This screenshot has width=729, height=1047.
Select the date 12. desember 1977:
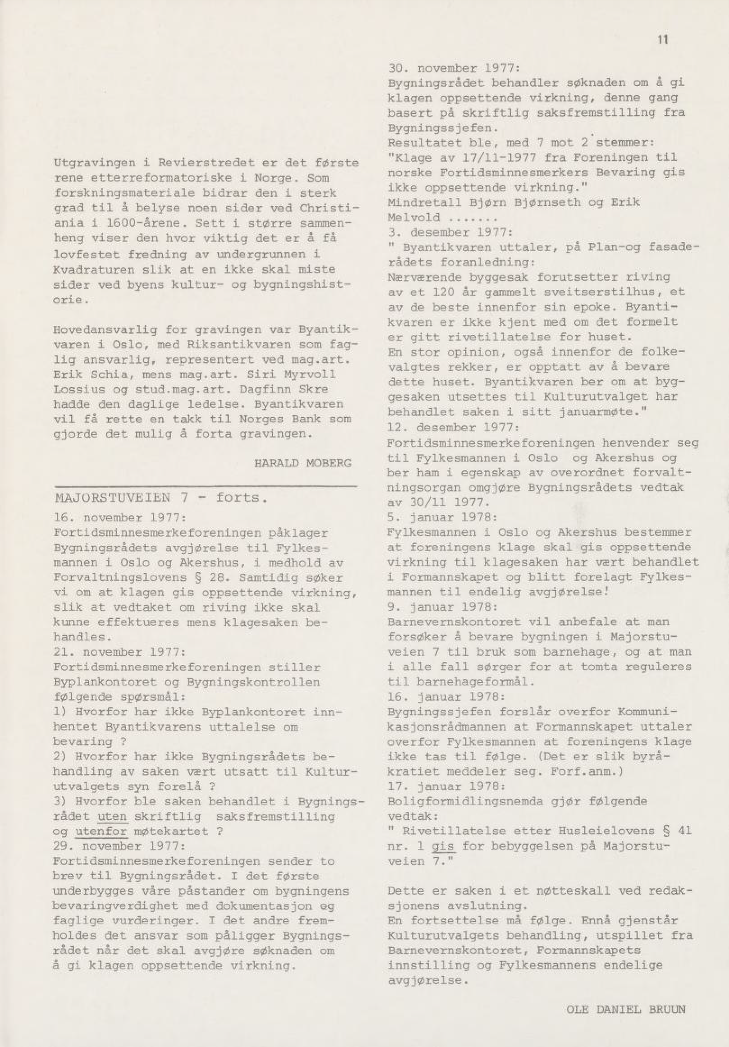click(x=453, y=427)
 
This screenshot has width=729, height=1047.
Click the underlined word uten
click(x=112, y=816)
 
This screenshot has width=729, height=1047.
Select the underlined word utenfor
click(x=101, y=831)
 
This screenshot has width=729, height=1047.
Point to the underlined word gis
click(x=443, y=846)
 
